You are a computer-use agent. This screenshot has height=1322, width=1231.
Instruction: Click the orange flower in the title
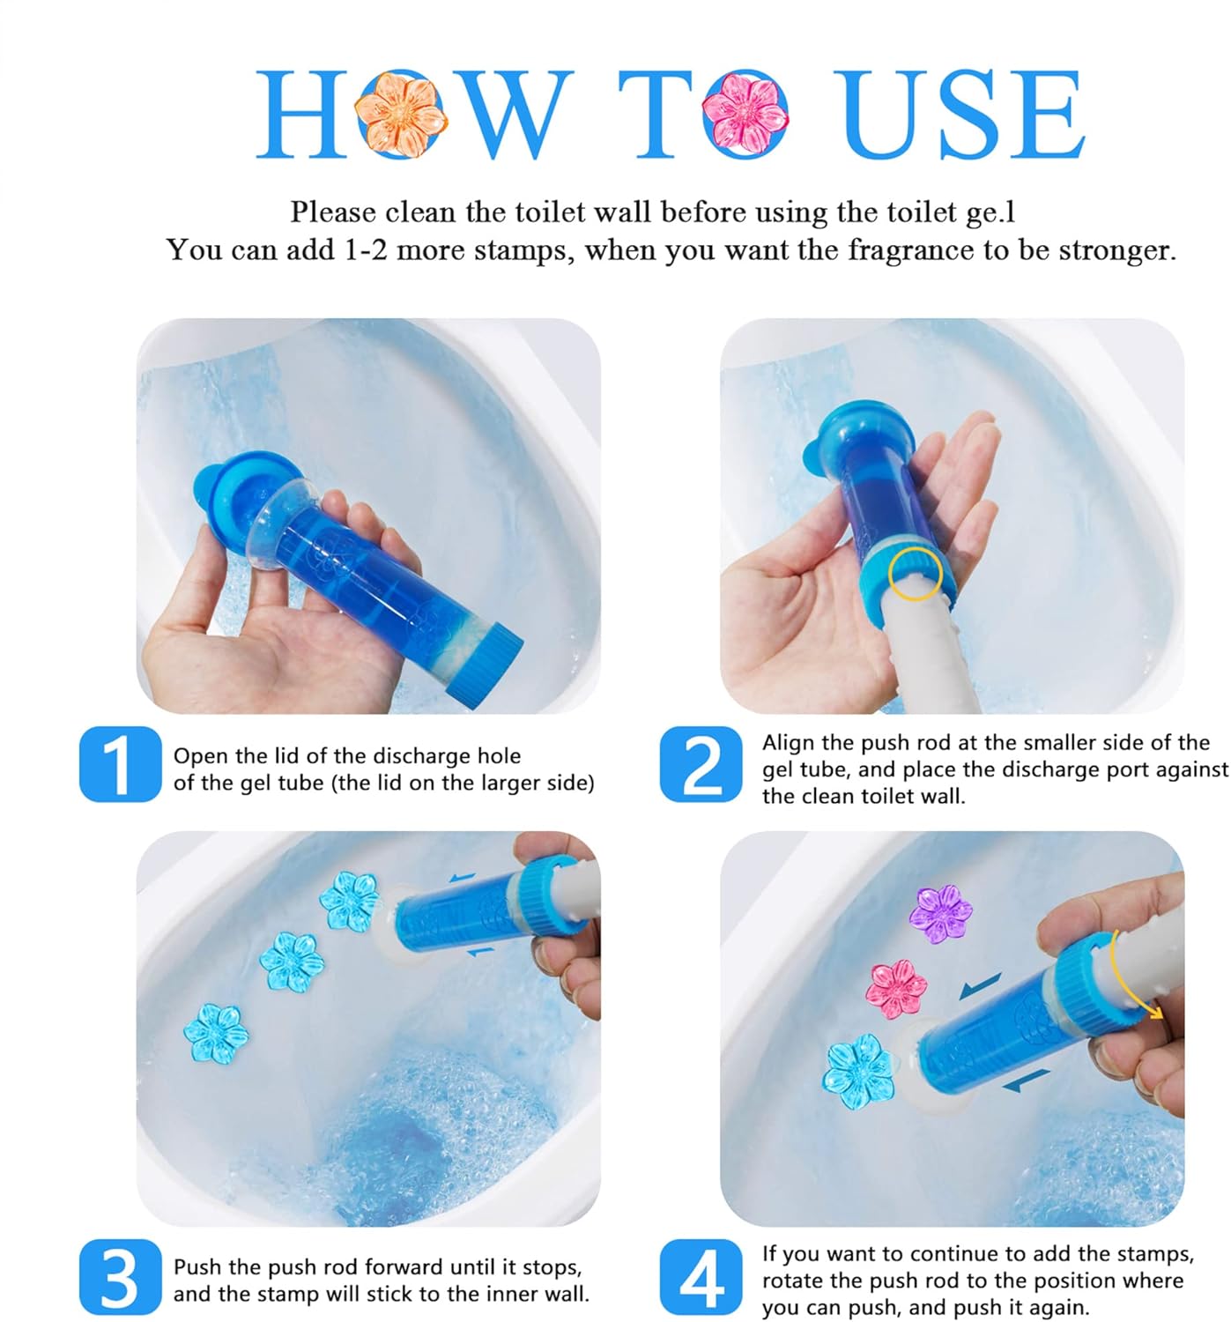click(x=400, y=115)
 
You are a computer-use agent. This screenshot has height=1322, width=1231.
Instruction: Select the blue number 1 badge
click(x=120, y=764)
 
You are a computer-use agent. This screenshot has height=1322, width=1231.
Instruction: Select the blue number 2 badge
click(x=701, y=764)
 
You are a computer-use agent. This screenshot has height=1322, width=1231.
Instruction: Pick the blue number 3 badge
click(x=120, y=1277)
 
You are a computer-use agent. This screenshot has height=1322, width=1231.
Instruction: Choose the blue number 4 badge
click(x=701, y=1277)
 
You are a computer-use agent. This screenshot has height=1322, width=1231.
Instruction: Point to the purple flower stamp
click(x=939, y=913)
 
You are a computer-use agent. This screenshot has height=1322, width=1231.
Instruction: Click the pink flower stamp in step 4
click(x=895, y=989)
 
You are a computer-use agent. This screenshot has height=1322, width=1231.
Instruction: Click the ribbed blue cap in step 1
click(x=485, y=665)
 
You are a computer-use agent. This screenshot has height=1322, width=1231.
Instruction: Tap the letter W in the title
click(x=509, y=115)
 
